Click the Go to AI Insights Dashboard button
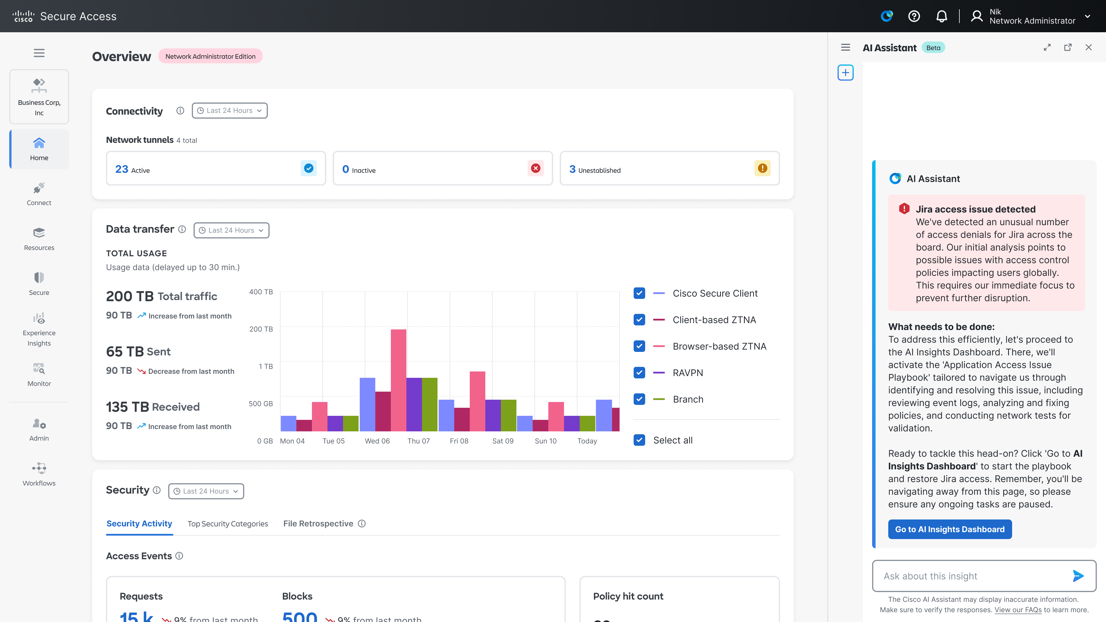[x=949, y=529]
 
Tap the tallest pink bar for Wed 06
[x=398, y=380]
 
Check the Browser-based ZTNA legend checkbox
[x=639, y=346]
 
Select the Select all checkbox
[x=639, y=440]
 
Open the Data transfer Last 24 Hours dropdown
[x=231, y=230]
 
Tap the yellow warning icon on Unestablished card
[x=762, y=168]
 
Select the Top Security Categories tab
[x=228, y=524]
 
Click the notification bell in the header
[x=942, y=16]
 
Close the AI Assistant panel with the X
[x=1088, y=47]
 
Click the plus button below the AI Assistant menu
[x=845, y=73]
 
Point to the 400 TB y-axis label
[x=261, y=292]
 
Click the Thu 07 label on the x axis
[x=418, y=441]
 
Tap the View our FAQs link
[x=1018, y=610]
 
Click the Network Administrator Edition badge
[x=210, y=56]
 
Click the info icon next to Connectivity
[x=180, y=111]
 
